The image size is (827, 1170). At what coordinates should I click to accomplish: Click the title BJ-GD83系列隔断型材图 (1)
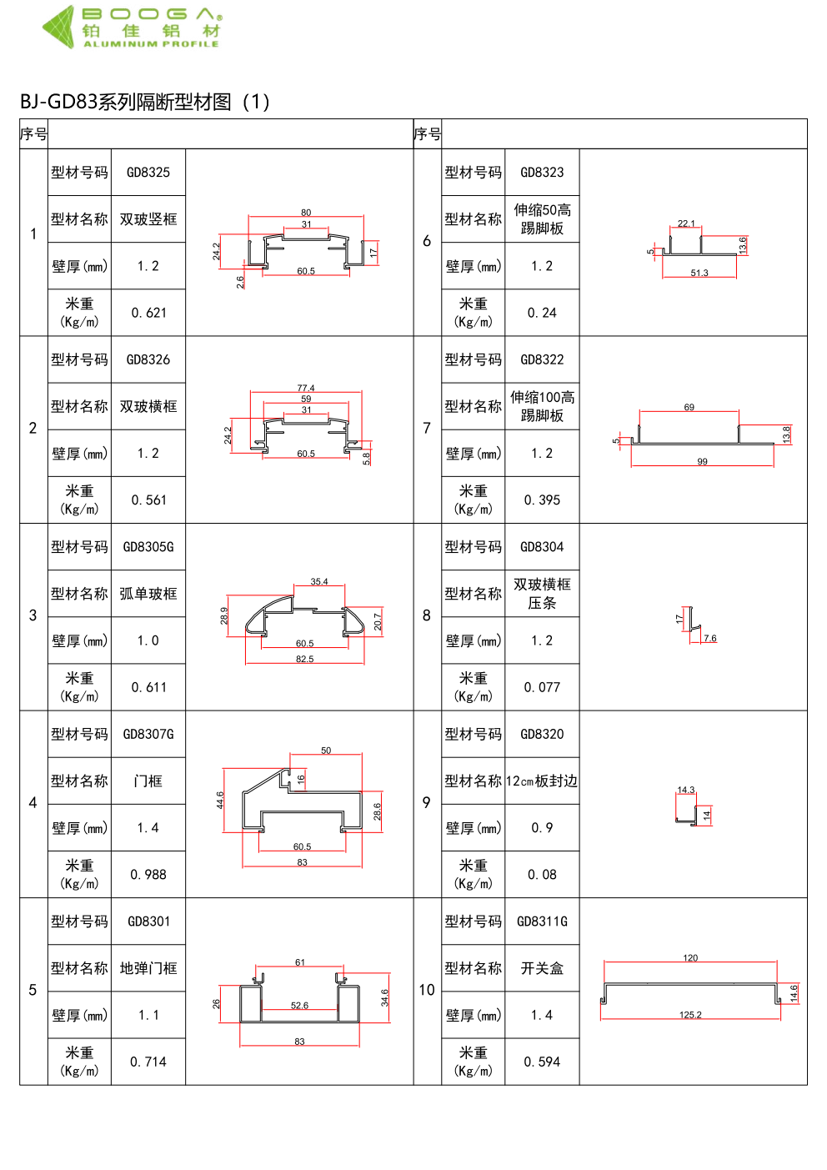tap(145, 102)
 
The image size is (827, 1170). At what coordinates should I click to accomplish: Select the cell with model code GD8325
tap(148, 173)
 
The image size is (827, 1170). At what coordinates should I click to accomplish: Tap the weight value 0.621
tap(148, 313)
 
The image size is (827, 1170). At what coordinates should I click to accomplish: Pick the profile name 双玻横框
tap(148, 406)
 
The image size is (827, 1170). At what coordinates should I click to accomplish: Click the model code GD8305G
tap(148, 547)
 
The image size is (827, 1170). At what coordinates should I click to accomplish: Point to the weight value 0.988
tap(148, 874)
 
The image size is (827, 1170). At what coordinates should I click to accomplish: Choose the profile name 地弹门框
tap(148, 968)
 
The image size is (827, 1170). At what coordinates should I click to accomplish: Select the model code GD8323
tap(542, 173)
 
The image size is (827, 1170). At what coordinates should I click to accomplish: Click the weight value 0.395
tap(542, 500)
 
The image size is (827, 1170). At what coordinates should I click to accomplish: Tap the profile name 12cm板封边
tap(542, 781)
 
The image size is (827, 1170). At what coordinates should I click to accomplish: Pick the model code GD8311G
tap(542, 921)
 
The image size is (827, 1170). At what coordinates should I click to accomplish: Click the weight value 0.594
tap(542, 1062)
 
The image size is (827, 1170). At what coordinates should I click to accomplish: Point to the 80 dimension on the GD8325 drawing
tap(306, 213)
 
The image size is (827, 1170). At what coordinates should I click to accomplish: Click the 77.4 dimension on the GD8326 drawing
tap(306, 388)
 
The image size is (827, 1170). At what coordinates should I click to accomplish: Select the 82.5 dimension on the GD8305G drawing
tap(305, 659)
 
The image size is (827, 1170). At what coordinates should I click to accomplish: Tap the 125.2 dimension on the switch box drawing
tap(690, 1015)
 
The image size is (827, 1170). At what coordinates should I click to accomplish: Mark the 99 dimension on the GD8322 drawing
tap(702, 461)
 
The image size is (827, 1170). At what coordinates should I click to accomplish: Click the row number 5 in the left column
tap(33, 990)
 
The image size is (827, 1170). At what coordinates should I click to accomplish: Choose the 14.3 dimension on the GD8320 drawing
tap(685, 790)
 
